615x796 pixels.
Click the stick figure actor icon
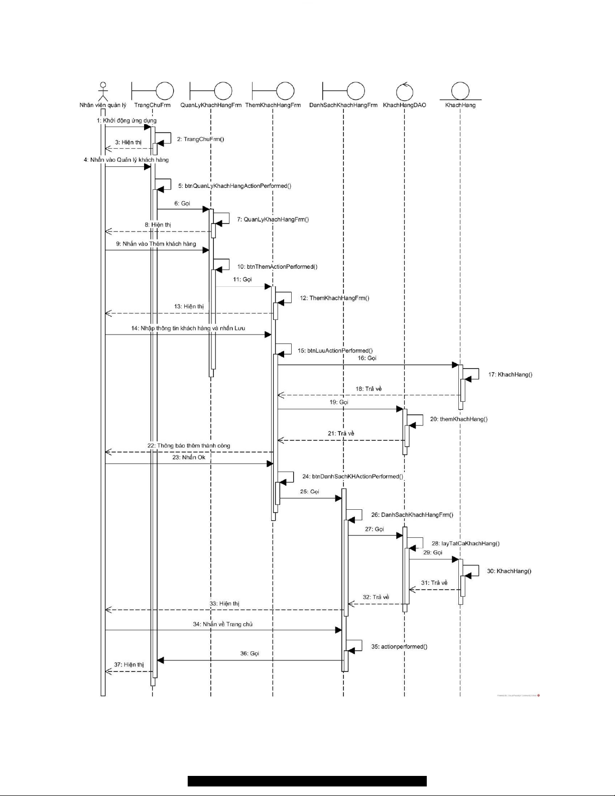[102, 91]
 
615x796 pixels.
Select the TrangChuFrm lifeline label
[152, 105]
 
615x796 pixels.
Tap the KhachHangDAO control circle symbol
[404, 91]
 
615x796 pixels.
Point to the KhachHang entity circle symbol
[460, 91]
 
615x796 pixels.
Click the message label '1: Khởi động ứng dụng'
[127, 121]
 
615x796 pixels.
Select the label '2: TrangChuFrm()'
[200, 139]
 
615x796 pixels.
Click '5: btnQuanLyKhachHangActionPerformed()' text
[234, 186]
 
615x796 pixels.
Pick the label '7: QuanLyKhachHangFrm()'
[273, 219]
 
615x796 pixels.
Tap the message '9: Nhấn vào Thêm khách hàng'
[156, 244]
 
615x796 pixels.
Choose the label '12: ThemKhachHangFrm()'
[334, 298]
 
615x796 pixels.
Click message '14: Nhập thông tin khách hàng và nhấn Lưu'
[188, 328]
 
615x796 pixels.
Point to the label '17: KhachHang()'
[510, 375]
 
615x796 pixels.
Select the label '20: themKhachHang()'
[458, 419]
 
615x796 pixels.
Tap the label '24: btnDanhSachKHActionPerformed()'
[352, 477]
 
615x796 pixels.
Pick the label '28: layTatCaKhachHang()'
[465, 543]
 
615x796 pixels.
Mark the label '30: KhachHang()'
[509, 571]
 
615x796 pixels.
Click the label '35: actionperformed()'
[399, 647]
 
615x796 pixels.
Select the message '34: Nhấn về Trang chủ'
[222, 624]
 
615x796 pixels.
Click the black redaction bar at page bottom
[307, 781]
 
